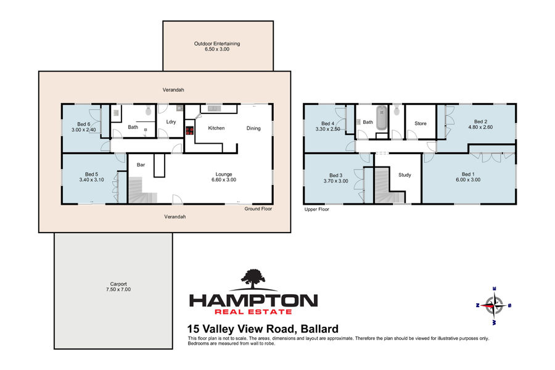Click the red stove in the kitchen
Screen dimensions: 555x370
pyautogui.click(x=190, y=131)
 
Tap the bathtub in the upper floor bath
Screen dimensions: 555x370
pyautogui.click(x=382, y=118)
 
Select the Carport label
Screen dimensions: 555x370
pyautogui.click(x=118, y=284)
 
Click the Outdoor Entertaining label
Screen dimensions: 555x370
pyautogui.click(x=217, y=44)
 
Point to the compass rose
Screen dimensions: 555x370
pyautogui.click(x=494, y=306)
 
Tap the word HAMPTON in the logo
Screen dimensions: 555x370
pyautogui.click(x=253, y=300)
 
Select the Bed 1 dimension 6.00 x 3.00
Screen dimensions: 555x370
pyautogui.click(x=468, y=179)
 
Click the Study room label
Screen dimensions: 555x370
pyautogui.click(x=405, y=175)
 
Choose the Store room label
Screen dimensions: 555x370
pyautogui.click(x=421, y=123)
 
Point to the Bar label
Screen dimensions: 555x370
pyautogui.click(x=141, y=165)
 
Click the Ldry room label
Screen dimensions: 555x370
pyautogui.click(x=171, y=122)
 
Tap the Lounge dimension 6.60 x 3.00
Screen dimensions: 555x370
pyautogui.click(x=224, y=179)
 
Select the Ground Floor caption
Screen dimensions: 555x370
pyautogui.click(x=258, y=209)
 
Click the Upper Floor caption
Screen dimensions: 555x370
pyautogui.click(x=317, y=209)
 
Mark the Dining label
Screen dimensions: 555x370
pyautogui.click(x=253, y=128)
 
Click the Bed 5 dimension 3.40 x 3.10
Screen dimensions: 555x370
pyautogui.click(x=91, y=179)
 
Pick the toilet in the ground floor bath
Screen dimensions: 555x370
pyautogui.click(x=148, y=111)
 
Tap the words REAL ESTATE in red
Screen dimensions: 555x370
pyautogui.click(x=253, y=312)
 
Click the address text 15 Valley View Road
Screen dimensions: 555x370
pyautogui.click(x=242, y=329)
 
